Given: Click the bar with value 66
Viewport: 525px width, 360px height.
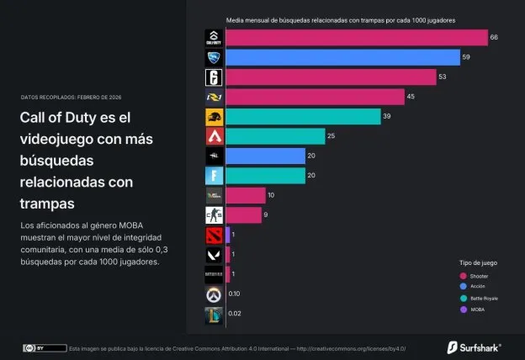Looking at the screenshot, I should pyautogui.click(x=357, y=38).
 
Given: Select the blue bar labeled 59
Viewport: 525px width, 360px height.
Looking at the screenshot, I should pyautogui.click(x=342, y=57).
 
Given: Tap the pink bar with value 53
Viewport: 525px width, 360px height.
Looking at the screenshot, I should pyautogui.click(x=331, y=77).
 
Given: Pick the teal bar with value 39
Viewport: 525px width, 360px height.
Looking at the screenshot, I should pyautogui.click(x=297, y=116).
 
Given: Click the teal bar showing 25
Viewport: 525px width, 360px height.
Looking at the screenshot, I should pyautogui.click(x=275, y=136).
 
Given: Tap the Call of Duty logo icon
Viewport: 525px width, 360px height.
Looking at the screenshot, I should pyautogui.click(x=214, y=38).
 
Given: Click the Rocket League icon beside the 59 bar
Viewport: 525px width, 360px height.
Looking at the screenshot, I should pyautogui.click(x=214, y=57).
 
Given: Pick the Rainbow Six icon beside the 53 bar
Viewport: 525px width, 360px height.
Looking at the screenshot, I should pyautogui.click(x=214, y=77).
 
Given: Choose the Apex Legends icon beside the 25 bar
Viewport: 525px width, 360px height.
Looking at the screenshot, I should pyautogui.click(x=214, y=136).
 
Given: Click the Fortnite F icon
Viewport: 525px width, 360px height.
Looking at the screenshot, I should pyautogui.click(x=214, y=176).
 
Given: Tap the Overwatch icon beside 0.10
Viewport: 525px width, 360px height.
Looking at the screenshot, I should pyautogui.click(x=214, y=294).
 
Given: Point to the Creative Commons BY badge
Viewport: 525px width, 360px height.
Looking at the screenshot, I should pyautogui.click(x=45, y=347).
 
